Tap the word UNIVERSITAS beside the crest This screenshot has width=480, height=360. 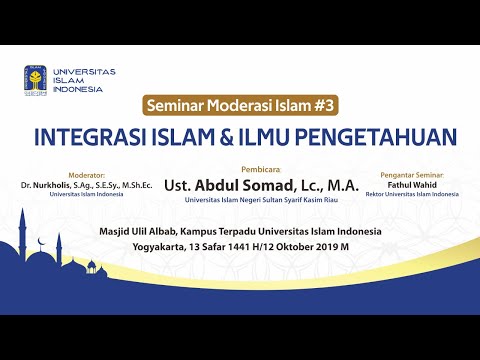[84, 72]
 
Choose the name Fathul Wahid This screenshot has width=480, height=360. [417, 183]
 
